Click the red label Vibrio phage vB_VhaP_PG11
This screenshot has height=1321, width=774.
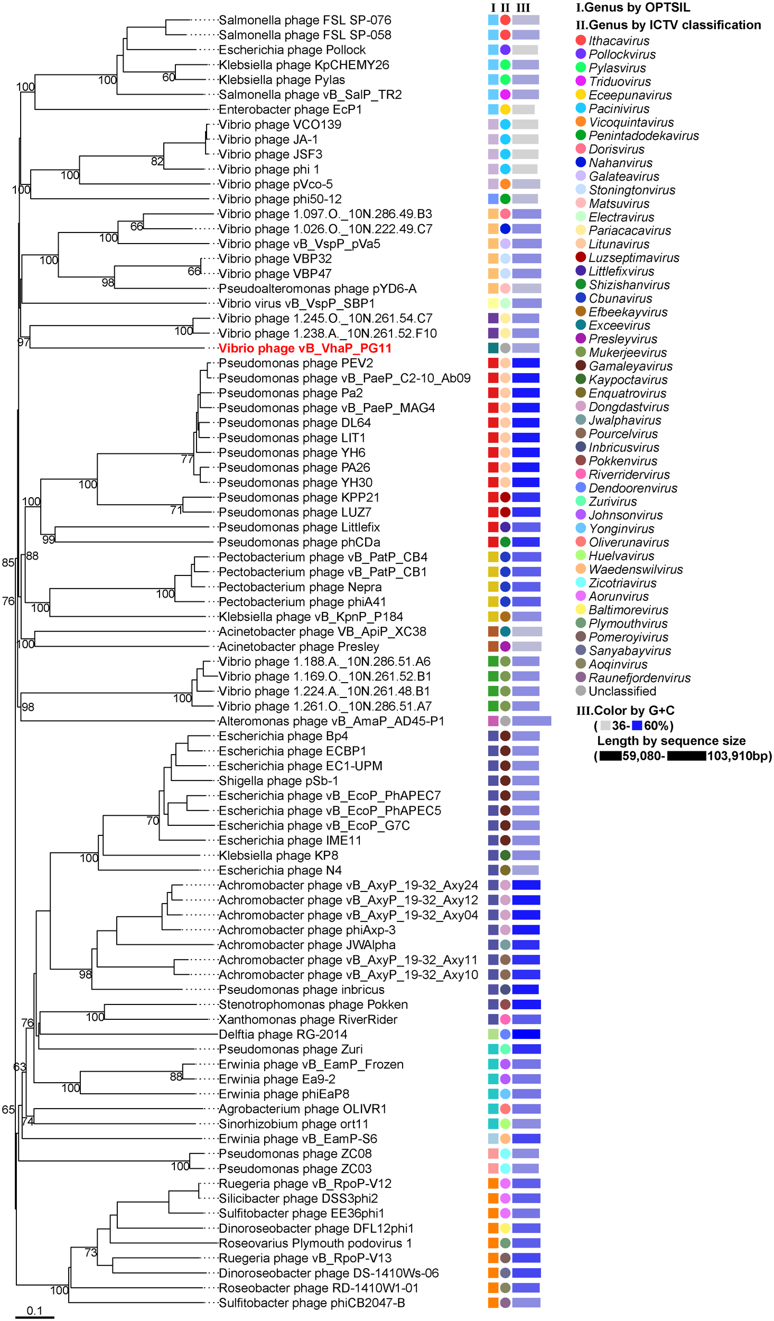click(305, 348)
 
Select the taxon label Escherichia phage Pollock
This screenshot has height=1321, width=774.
click(292, 50)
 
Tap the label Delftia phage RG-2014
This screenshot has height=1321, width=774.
click(283, 1034)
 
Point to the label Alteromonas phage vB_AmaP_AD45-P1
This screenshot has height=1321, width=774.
click(331, 721)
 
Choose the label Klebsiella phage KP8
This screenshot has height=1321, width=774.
click(278, 855)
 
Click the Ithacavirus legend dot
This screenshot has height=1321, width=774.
click(581, 40)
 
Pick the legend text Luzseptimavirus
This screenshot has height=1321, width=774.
click(633, 258)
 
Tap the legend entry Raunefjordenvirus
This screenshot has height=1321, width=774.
click(639, 677)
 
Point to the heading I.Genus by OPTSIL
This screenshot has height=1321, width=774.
click(632, 7)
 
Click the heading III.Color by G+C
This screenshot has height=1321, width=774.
click(625, 710)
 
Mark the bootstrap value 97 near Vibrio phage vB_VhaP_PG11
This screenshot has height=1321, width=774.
click(23, 342)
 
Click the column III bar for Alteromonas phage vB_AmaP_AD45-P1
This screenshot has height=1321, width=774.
click(531, 721)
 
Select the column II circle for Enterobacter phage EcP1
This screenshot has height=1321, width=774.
click(505, 109)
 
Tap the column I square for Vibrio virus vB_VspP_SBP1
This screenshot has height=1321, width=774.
click(493, 303)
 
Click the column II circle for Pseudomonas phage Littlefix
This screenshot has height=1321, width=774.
click(505, 527)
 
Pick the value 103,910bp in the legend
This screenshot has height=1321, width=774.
click(739, 756)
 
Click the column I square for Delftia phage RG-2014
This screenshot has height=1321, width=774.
click(493, 1034)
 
